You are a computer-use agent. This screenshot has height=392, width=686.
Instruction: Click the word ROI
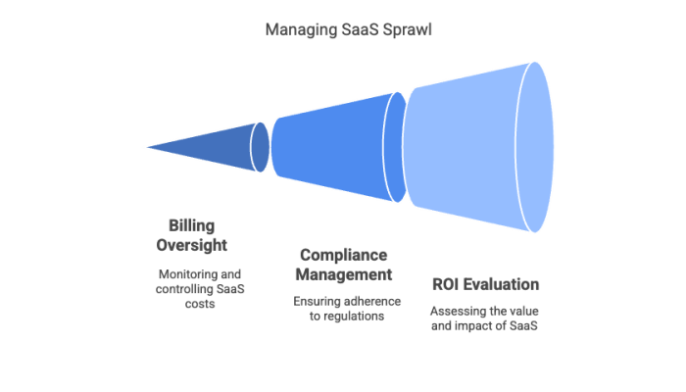coord(448,284)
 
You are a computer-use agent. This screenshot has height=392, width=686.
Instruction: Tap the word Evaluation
coord(503,284)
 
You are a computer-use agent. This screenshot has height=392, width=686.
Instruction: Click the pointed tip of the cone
coord(145,148)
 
